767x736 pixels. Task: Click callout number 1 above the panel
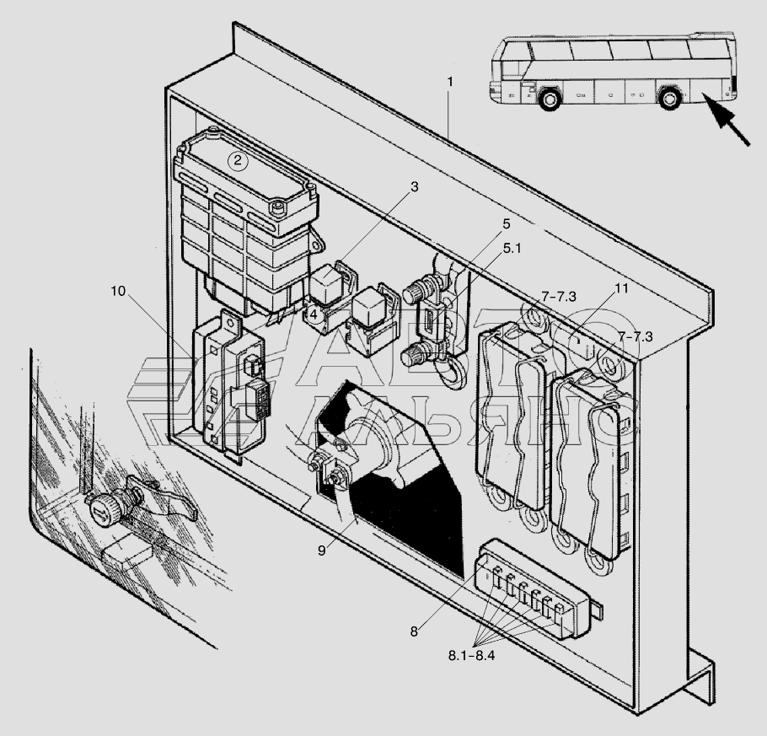click(x=449, y=83)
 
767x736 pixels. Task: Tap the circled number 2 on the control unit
click(x=238, y=160)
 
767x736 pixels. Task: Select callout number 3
click(x=415, y=186)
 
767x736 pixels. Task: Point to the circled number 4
click(x=313, y=314)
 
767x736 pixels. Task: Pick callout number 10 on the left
click(x=118, y=291)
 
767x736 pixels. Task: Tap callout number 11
click(x=620, y=288)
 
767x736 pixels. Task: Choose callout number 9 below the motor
click(x=321, y=551)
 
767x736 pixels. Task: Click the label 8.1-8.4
click(x=471, y=655)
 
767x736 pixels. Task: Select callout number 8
click(x=414, y=631)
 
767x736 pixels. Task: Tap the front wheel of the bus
click(x=550, y=99)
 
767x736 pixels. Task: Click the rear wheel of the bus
click(x=668, y=98)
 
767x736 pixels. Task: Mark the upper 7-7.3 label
click(x=559, y=297)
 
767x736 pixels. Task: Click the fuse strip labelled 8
click(x=534, y=589)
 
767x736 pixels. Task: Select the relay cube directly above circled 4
click(x=326, y=282)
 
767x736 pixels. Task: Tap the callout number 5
click(x=507, y=223)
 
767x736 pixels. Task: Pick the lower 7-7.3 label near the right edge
click(x=635, y=336)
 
